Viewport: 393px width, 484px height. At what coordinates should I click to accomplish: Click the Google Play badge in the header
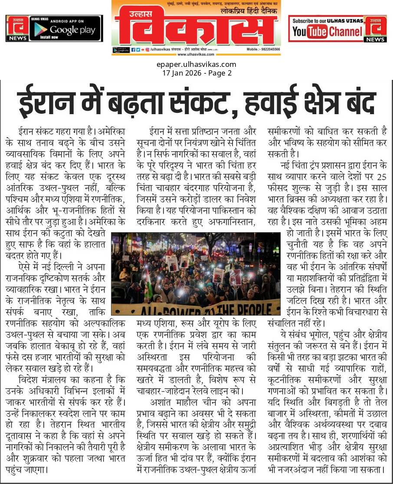(x=66, y=28)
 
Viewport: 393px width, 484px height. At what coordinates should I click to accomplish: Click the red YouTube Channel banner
(x=326, y=29)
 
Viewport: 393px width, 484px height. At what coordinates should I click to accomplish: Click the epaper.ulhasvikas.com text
(x=196, y=65)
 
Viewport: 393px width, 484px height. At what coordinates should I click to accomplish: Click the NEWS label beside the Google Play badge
(x=16, y=38)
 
